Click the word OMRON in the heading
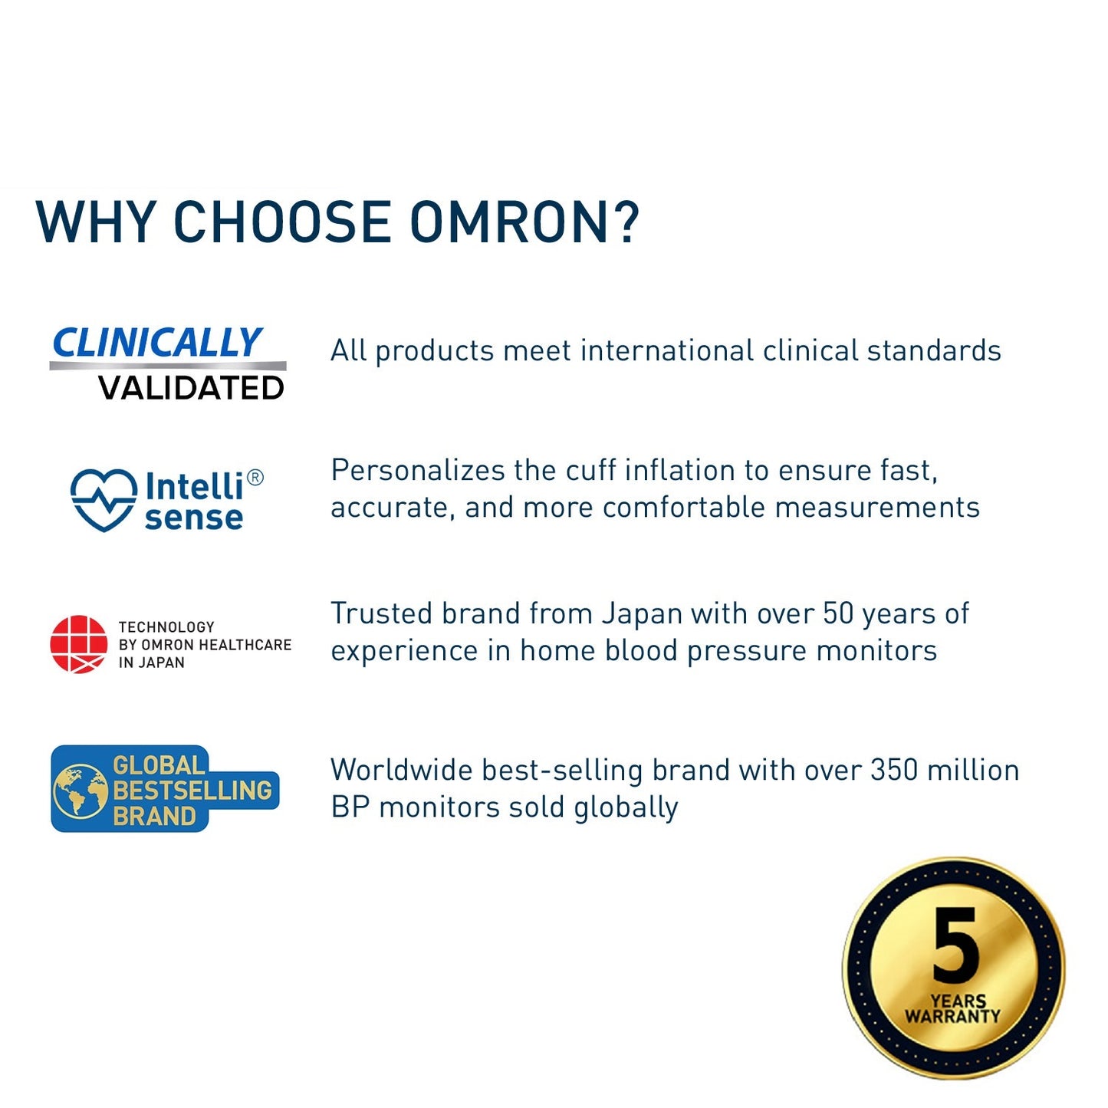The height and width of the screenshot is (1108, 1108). pyautogui.click(x=508, y=222)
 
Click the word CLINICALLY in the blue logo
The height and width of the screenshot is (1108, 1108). pyautogui.click(x=157, y=343)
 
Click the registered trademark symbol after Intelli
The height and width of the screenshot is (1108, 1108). pyautogui.click(x=255, y=478)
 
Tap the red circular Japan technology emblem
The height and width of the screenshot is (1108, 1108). pyautogui.click(x=79, y=644)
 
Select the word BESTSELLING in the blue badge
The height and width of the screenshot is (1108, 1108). pyautogui.click(x=192, y=791)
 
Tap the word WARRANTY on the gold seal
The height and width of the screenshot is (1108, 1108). pyautogui.click(x=953, y=1017)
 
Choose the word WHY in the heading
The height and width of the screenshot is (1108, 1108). pyautogui.click(x=96, y=222)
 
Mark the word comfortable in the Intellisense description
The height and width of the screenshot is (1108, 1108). pyautogui.click(x=684, y=508)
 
